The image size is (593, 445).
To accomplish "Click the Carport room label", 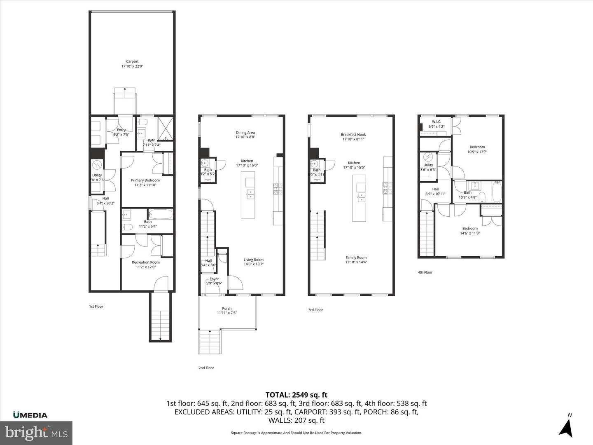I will pyautogui.click(x=132, y=64).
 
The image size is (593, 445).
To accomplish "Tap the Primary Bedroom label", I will pyautogui.click(x=145, y=183).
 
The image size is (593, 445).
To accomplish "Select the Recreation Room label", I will pyautogui.click(x=145, y=265).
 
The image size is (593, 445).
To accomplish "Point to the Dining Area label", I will pyautogui.click(x=245, y=135).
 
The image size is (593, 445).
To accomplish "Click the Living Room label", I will pyautogui.click(x=253, y=262).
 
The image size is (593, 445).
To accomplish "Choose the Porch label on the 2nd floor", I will pyautogui.click(x=226, y=311).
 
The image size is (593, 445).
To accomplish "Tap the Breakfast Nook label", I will pyautogui.click(x=354, y=137).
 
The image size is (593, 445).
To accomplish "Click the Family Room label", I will pyautogui.click(x=356, y=260).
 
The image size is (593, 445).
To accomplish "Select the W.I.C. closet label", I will pyautogui.click(x=436, y=124).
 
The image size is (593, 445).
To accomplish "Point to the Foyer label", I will pyautogui.click(x=214, y=281).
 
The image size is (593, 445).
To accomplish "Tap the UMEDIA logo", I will pyautogui.click(x=30, y=415).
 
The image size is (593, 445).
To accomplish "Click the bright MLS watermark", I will pyautogui.click(x=36, y=433).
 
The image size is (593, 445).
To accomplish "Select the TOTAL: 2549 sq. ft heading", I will pyautogui.click(x=296, y=395).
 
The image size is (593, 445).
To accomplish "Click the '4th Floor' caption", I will pyautogui.click(x=425, y=272).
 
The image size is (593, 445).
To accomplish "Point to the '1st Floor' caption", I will pyautogui.click(x=96, y=307).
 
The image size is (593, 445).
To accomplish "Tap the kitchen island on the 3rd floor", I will pyautogui.click(x=359, y=198).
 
